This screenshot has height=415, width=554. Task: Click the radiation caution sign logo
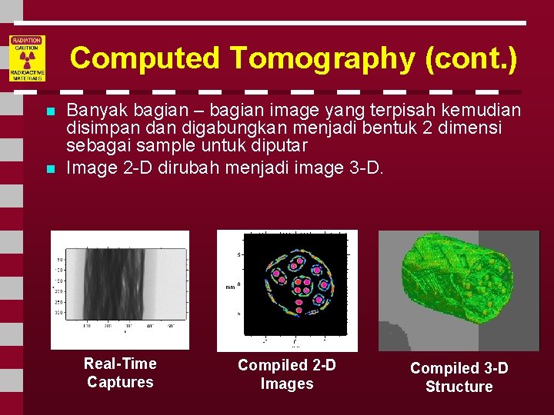point(27,58)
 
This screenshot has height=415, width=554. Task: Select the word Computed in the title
point(145,58)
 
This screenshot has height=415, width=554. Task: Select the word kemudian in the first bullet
point(486,111)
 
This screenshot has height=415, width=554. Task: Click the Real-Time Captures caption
point(120,373)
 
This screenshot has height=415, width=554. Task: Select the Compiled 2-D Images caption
point(286,374)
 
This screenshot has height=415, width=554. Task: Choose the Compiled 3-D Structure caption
point(459,377)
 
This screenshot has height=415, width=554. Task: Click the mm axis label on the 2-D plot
point(229,287)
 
